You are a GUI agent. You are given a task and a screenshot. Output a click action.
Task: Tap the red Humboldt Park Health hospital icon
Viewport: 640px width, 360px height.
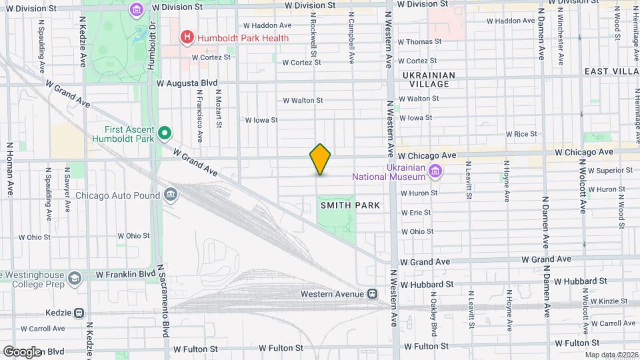pos(188,38)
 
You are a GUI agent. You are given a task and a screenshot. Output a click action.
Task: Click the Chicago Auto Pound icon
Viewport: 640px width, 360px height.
pos(171,195)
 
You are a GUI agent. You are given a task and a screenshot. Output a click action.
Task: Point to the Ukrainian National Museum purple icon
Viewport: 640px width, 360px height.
pos(435,172)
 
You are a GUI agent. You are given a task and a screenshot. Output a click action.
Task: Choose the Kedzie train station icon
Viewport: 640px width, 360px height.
pos(79,313)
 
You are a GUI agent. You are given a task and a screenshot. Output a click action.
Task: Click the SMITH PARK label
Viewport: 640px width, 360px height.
pos(350,205)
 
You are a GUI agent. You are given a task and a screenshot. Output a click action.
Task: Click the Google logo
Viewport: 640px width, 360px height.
pos(22,352)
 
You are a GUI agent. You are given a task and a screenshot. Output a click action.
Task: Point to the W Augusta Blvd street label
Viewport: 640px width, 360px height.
pos(187,83)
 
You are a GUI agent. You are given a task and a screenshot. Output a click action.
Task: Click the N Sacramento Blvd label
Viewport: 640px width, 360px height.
pos(161,299)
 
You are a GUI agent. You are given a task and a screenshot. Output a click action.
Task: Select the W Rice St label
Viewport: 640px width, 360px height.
pos(521,134)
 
